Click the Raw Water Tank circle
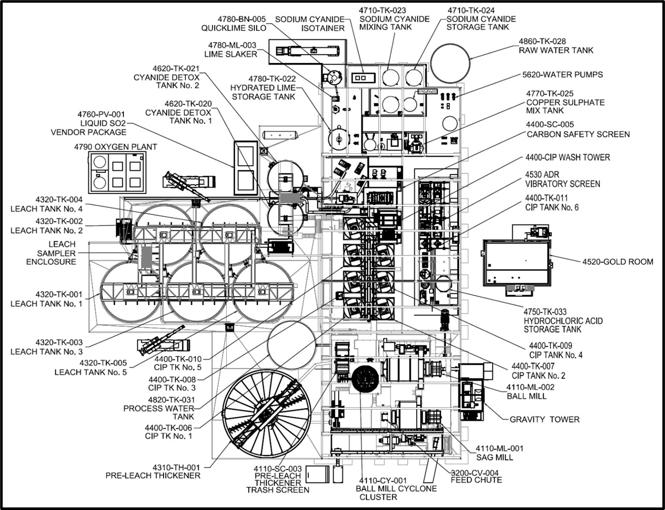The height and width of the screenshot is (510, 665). click(450, 66)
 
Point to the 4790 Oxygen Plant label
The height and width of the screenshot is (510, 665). click(115, 147)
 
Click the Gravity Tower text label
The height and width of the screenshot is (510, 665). click(544, 419)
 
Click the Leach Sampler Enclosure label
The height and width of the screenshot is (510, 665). click(56, 253)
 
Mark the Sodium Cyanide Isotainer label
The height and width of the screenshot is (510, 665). click(309, 24)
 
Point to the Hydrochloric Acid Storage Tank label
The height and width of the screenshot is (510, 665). click(563, 321)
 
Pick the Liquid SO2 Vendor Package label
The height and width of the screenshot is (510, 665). click(88, 123)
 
